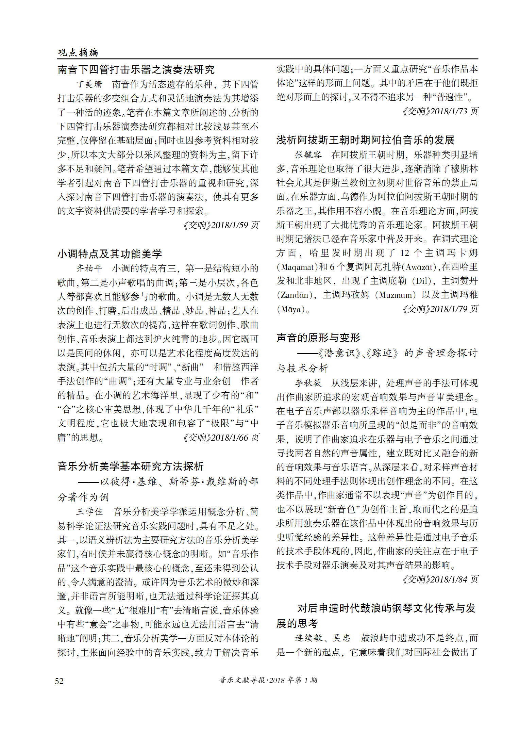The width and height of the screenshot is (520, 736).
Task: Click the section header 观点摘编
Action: pyautogui.click(x=78, y=52)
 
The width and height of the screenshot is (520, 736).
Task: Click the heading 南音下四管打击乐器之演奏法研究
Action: pyautogui.click(x=136, y=70)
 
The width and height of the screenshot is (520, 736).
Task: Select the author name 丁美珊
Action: pyautogui.click(x=89, y=84)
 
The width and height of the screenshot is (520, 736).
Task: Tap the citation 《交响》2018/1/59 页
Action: pyautogui.click(x=221, y=225)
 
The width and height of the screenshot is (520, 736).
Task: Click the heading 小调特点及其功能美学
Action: pyautogui.click(x=110, y=254)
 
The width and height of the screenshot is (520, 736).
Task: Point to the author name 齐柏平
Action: pyautogui.click(x=89, y=268)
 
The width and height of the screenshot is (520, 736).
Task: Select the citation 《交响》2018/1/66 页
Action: pyautogui.click(x=221, y=438)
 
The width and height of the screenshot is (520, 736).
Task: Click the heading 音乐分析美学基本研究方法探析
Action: pyautogui.click(x=131, y=466)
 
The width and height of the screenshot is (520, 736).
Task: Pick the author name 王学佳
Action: pyautogui.click(x=89, y=512)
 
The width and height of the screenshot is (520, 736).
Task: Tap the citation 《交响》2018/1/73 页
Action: pyautogui.click(x=440, y=111)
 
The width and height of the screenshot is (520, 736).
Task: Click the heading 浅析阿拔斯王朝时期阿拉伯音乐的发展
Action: pyautogui.click(x=365, y=140)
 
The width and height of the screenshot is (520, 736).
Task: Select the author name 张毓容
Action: pyautogui.click(x=308, y=155)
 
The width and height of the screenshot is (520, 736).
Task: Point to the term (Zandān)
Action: pyautogui.click(x=295, y=295)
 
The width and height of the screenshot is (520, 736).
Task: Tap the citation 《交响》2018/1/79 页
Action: pyautogui.click(x=440, y=309)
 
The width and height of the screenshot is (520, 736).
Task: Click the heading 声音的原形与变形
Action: pyautogui.click(x=318, y=338)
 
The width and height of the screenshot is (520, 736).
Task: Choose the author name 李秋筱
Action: pyautogui.click(x=308, y=383)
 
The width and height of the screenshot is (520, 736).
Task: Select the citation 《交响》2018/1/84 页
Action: pyautogui.click(x=440, y=579)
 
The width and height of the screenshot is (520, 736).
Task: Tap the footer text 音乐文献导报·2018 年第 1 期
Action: pyautogui.click(x=268, y=680)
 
